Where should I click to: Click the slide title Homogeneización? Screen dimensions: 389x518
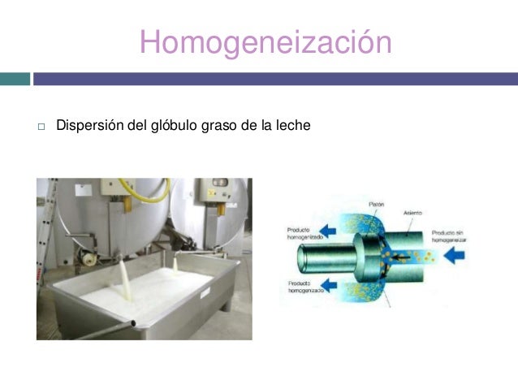(x=265, y=42)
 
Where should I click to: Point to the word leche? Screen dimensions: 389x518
(x=294, y=126)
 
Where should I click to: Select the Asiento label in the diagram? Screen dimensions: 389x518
(x=413, y=213)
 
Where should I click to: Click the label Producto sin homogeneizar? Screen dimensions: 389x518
(x=451, y=236)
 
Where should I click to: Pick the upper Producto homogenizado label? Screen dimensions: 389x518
(x=297, y=233)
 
